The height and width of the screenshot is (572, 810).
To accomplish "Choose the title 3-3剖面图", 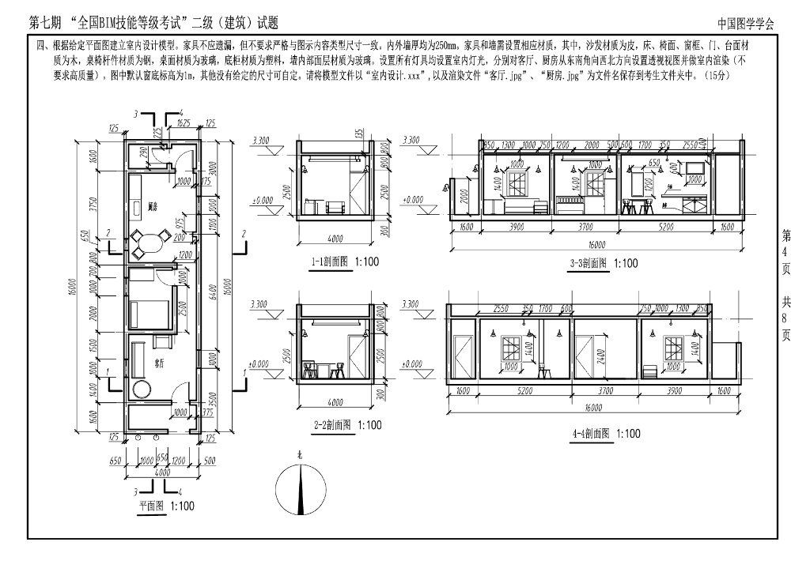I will pos(592,264).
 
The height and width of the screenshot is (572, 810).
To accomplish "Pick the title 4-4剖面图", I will pos(595,433).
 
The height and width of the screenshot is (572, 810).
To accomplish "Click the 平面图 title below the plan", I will pos(155,506).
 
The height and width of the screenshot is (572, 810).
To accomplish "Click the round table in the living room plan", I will pos(142,389).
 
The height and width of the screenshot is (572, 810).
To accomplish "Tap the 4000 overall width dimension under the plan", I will pos(161,472).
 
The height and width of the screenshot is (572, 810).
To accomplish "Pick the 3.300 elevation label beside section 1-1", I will pos(260,140).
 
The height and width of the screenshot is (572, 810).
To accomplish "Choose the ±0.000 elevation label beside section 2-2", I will pos(260,364).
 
